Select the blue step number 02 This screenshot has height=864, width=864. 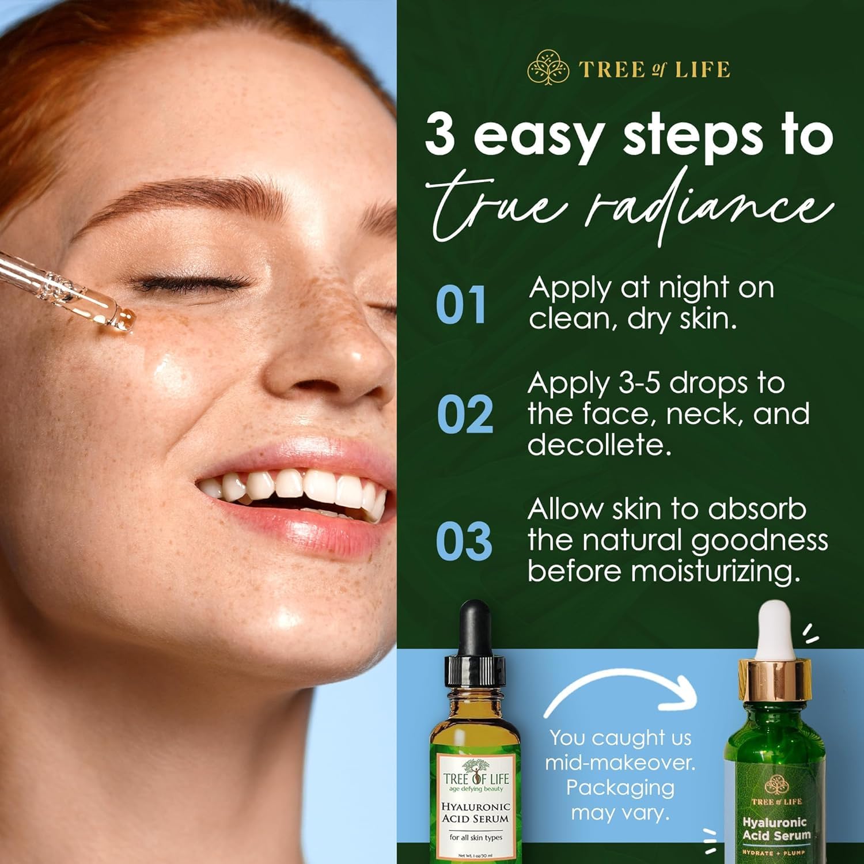pyautogui.click(x=464, y=414)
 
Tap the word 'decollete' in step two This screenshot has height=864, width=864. pyautogui.click(x=599, y=445)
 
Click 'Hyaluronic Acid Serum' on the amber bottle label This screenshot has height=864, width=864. pyautogui.click(x=475, y=812)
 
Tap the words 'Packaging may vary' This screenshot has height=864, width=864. pyautogui.click(x=620, y=801)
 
